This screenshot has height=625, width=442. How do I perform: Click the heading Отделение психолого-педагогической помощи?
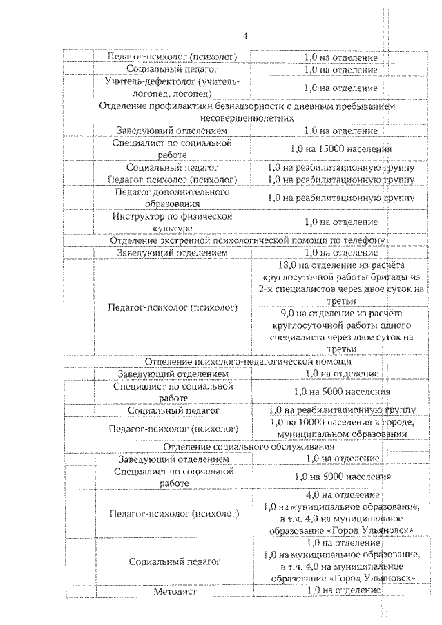click(247, 361)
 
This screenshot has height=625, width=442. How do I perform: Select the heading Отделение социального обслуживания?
click(247, 447)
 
